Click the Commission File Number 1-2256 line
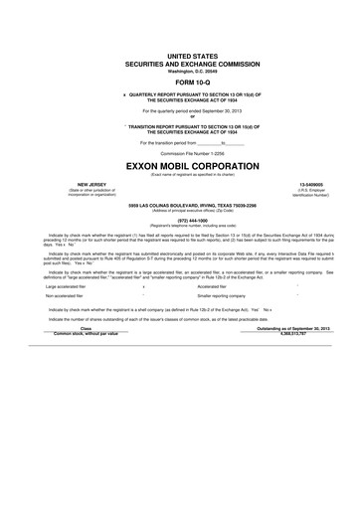pyautogui.click(x=180, y=152)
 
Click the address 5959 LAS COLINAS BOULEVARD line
pyautogui.click(x=180, y=205)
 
